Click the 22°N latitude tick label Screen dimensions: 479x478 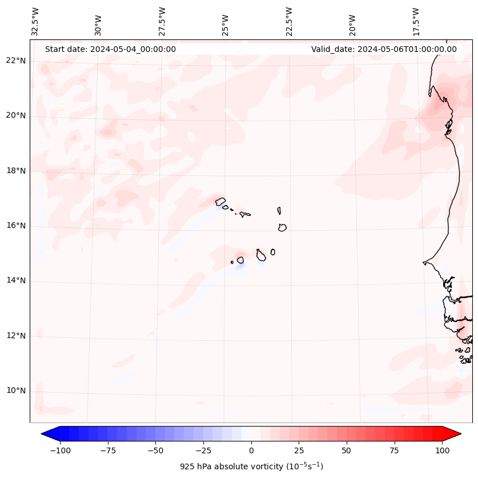(x=16, y=61)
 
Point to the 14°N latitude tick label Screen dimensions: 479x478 (x=16, y=280)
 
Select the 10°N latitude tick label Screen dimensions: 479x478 (x=16, y=391)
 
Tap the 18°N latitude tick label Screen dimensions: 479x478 (x=16, y=171)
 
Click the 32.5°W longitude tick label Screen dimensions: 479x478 (x=35, y=21)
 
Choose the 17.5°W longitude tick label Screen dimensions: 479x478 (x=416, y=21)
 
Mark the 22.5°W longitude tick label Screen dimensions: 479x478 (x=290, y=21)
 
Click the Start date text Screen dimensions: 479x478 (x=110, y=49)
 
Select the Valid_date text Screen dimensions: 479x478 (x=384, y=49)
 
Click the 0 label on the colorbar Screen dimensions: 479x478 (x=251, y=451)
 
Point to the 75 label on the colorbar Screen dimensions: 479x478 (x=394, y=451)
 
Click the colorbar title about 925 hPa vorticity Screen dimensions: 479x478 (x=251, y=466)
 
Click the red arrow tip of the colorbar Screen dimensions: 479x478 (x=455, y=434)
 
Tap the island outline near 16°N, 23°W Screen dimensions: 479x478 (x=282, y=227)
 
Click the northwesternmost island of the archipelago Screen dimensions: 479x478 (x=220, y=201)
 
